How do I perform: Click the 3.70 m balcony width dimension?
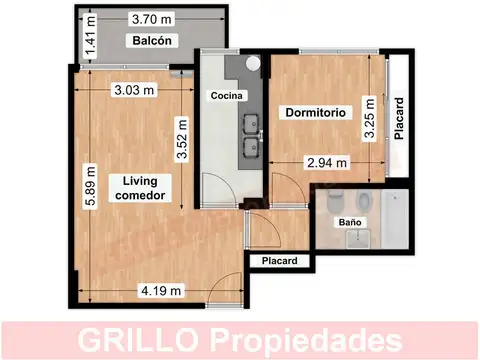pyautogui.click(x=149, y=18)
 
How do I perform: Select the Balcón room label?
pyautogui.click(x=151, y=41)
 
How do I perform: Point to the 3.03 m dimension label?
pyautogui.click(x=133, y=89)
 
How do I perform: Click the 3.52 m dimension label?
pyautogui.click(x=182, y=140)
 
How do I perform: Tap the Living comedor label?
pyautogui.click(x=143, y=187)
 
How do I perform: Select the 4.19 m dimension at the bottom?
pyautogui.click(x=160, y=291)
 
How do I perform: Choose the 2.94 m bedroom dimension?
pyautogui.click(x=326, y=161)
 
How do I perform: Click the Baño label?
pyautogui.click(x=349, y=221)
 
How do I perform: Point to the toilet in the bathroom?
pyautogui.click(x=336, y=197)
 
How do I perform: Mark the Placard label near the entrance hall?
pyautogui.click(x=279, y=262)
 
